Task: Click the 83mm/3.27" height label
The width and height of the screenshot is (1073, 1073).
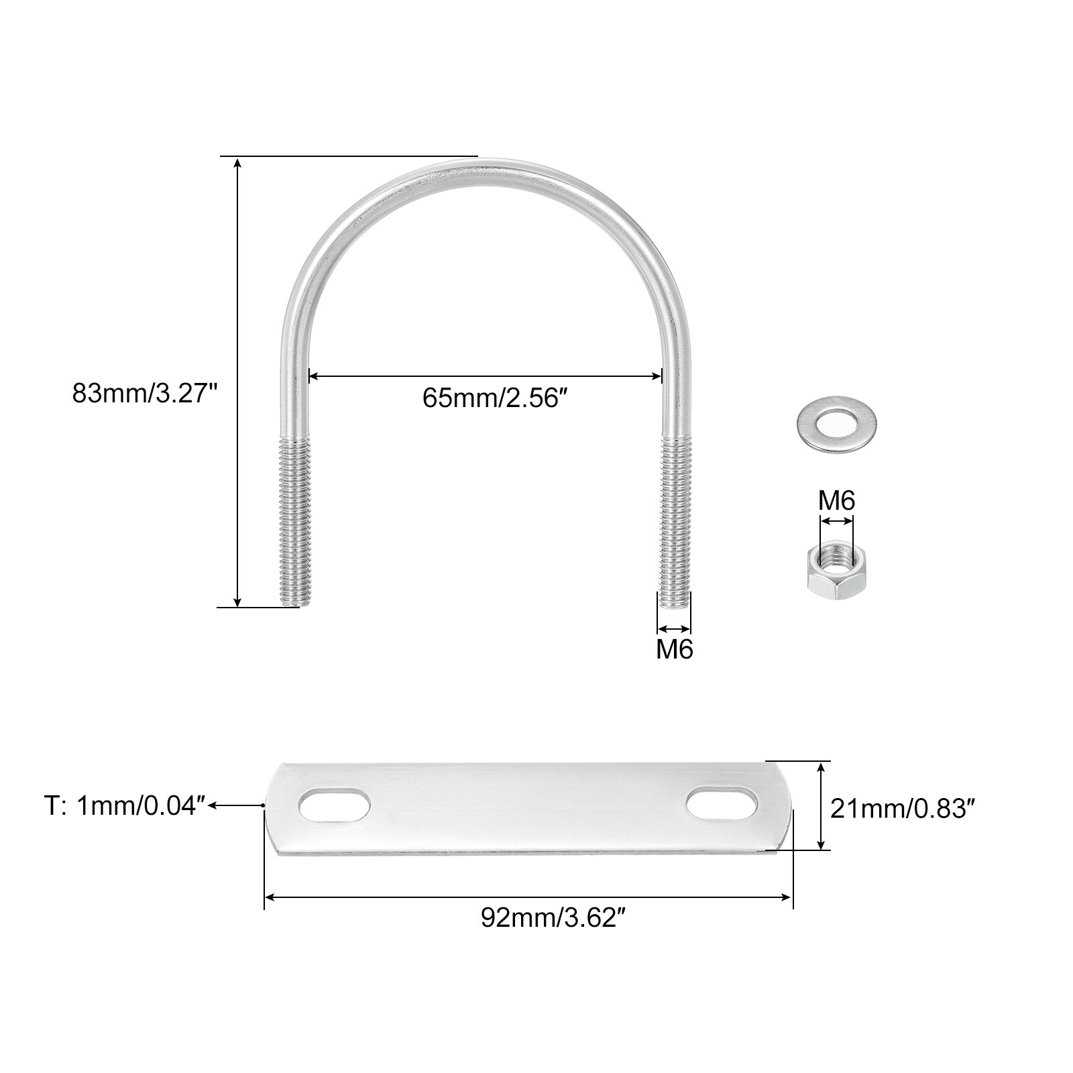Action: click(146, 393)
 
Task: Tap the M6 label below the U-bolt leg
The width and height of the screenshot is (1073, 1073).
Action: click(674, 649)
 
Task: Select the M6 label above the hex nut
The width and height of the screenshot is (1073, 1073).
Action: click(836, 500)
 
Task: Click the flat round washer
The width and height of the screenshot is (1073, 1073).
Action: click(838, 422)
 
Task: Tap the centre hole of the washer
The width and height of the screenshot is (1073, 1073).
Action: click(838, 422)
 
